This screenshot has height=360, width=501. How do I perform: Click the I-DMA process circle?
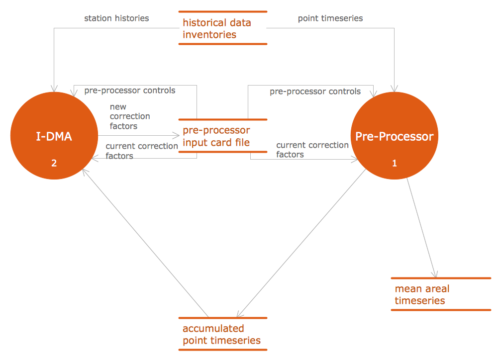(54, 119)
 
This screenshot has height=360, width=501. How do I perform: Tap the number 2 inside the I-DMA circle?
(54, 162)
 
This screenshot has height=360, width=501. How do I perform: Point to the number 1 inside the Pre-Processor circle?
(395, 163)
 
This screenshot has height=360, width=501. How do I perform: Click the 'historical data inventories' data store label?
(217, 28)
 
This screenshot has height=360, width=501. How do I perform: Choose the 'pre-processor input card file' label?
(216, 136)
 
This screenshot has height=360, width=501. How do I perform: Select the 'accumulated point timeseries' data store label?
(221, 334)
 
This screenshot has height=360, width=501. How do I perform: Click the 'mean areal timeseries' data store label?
(422, 294)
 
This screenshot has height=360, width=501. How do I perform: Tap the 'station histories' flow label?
(116, 18)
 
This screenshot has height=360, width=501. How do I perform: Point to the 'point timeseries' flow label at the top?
(330, 18)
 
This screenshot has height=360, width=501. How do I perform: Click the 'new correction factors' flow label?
(130, 116)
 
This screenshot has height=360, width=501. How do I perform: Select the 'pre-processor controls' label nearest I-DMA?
(130, 90)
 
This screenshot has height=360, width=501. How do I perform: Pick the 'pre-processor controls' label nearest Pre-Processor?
(315, 91)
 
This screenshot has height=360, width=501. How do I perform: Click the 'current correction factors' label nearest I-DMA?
(141, 151)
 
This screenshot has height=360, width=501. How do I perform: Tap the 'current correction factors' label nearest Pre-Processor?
(312, 150)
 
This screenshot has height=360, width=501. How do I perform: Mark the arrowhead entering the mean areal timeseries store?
(435, 275)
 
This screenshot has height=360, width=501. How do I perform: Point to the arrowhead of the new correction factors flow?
(176, 135)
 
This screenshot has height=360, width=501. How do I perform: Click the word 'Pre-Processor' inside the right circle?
(395, 136)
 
